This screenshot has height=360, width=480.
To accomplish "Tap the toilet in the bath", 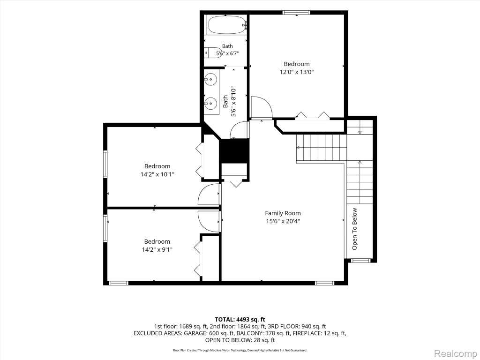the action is pos(213,52).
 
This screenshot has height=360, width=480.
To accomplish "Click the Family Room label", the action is pos(283,213).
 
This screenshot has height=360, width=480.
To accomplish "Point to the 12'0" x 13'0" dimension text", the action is pos(297,72).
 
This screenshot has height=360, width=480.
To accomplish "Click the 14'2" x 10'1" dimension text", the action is pos(157,174).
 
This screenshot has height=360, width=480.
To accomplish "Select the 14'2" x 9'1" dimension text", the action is pos(157,249).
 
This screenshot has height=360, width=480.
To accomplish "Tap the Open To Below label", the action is pos(354,229).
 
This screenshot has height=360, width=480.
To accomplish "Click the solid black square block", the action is pos(234,151).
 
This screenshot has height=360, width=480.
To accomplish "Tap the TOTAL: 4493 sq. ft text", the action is pos(240,320).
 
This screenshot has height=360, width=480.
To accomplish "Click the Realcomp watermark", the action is pos(456,353).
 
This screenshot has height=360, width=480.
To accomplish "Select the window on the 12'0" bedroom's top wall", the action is pos(296,13).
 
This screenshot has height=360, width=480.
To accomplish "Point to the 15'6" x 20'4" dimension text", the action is pos(283,221).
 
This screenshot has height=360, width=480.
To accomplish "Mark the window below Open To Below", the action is pos(360,261).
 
